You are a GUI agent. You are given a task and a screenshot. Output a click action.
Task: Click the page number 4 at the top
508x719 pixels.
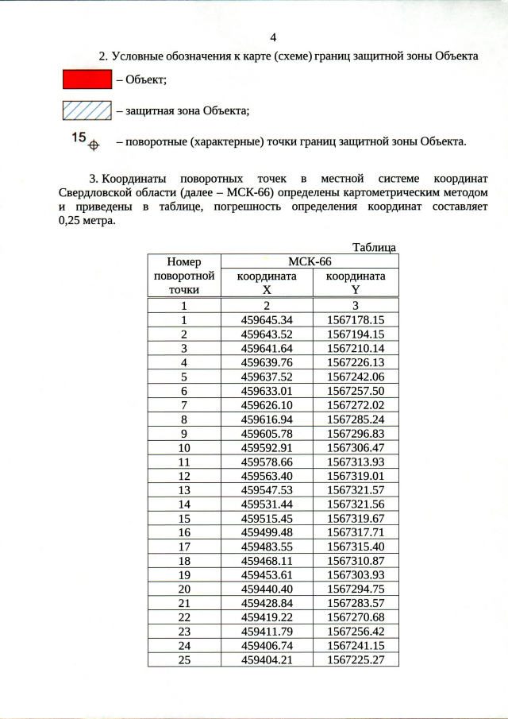(273, 37)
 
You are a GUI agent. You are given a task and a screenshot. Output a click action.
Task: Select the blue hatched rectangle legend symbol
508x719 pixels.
(87, 110)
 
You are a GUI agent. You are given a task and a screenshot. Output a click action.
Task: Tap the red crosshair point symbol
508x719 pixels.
(94, 145)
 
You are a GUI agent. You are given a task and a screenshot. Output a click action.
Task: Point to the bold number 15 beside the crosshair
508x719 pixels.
(78, 137)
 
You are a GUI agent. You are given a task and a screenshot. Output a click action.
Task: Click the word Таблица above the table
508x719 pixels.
(375, 248)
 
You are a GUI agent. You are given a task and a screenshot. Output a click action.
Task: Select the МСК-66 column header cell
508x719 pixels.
(309, 261)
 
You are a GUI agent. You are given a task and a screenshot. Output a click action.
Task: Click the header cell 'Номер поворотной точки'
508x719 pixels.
(183, 276)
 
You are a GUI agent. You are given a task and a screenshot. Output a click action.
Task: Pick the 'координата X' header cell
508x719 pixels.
(267, 283)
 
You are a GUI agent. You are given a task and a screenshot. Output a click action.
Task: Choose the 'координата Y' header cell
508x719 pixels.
(356, 283)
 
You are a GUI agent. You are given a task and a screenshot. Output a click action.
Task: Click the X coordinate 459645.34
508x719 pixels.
(267, 320)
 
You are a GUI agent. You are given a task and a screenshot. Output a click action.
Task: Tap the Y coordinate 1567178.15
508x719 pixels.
(356, 320)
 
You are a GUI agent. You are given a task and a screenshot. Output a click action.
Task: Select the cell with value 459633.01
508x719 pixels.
(267, 391)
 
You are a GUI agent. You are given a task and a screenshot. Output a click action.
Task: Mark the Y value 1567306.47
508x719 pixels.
(356, 448)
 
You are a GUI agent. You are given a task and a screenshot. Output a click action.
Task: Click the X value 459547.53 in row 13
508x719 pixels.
(267, 491)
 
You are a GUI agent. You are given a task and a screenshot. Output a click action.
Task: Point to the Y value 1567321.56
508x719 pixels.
(356, 505)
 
